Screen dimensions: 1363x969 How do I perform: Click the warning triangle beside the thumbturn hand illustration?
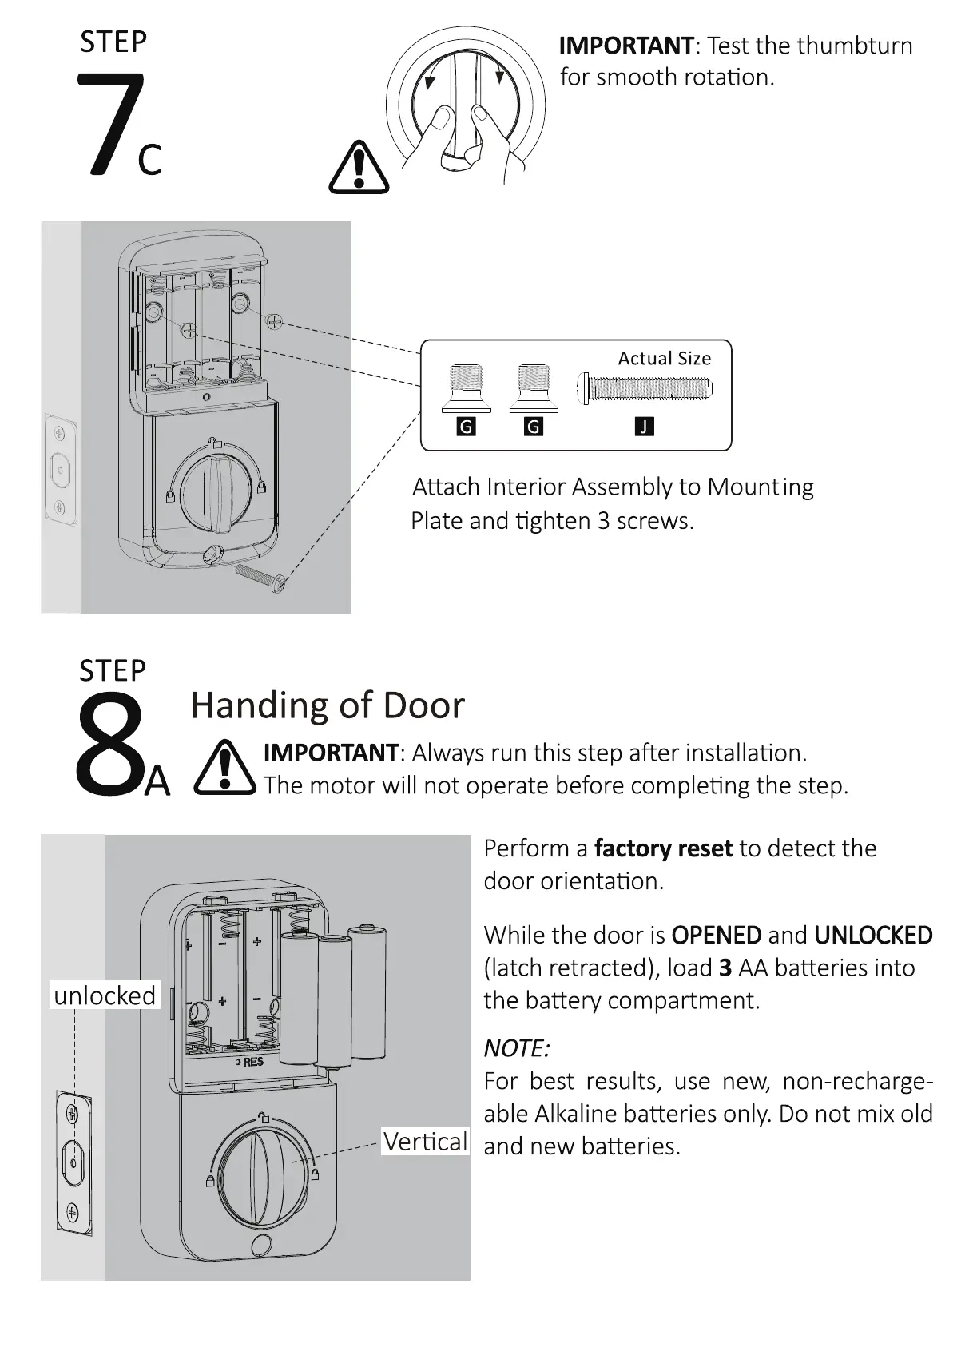[x=359, y=167]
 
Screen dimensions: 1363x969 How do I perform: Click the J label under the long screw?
[x=644, y=427]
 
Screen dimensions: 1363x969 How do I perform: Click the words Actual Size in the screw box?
[x=664, y=359]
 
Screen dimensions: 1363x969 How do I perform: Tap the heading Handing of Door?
[x=328, y=705]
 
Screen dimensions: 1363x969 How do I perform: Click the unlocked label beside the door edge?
[x=105, y=995]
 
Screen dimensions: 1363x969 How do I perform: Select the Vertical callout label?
[x=425, y=1141]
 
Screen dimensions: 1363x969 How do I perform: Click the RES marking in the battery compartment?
[x=252, y=1062]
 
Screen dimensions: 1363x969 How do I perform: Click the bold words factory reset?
[x=663, y=848]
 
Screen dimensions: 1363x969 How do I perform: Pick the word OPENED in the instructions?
[x=717, y=936]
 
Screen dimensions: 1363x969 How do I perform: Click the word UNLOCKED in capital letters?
[x=873, y=936]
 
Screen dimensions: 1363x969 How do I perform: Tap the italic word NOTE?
[x=517, y=1048]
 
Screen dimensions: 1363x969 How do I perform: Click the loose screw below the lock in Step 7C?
[x=260, y=578]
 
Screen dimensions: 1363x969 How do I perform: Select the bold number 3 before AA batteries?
[x=725, y=968]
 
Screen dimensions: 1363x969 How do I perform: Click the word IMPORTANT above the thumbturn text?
[x=626, y=46]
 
